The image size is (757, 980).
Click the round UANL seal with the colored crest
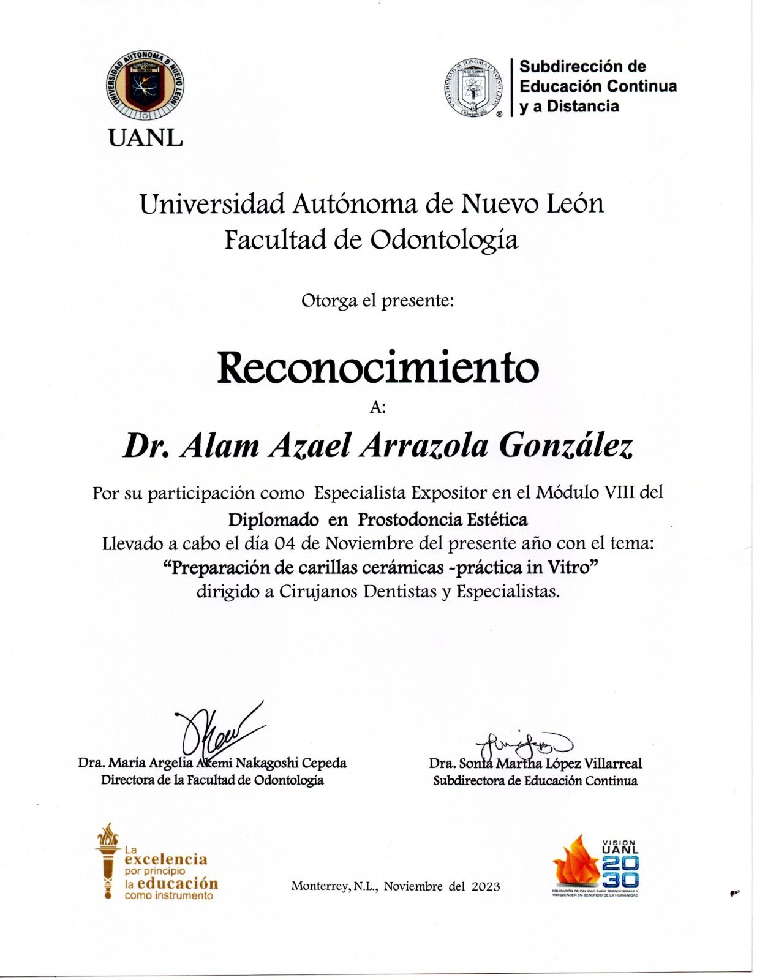point(145,86)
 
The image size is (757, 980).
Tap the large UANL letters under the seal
point(145,138)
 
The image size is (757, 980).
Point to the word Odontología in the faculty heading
point(444,239)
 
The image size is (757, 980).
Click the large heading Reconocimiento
point(378,367)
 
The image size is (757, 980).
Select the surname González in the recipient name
point(566,446)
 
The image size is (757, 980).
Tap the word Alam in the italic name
point(220,446)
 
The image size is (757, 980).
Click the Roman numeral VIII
point(616,492)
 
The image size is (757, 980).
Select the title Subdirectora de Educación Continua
point(535,781)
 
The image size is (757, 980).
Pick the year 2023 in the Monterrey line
point(486,886)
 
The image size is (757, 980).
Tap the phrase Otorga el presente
point(377,301)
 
